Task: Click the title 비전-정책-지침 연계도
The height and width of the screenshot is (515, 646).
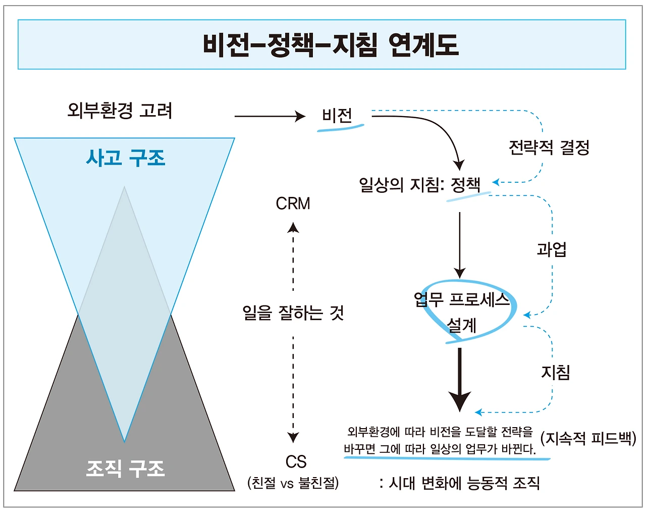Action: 331,44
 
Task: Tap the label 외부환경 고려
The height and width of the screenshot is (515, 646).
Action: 120,110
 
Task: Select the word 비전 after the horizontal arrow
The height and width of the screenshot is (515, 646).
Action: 337,116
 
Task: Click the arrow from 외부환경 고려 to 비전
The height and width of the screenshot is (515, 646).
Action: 270,116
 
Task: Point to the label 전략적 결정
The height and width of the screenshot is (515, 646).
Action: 549,147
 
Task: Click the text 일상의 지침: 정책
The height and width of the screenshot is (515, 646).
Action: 419,184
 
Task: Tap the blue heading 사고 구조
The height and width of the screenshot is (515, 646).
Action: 125,158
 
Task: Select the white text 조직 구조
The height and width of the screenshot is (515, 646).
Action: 125,469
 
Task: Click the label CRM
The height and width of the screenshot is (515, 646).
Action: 293,203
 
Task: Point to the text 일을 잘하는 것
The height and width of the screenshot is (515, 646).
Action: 293,313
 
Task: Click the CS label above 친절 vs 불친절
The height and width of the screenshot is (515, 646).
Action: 296,461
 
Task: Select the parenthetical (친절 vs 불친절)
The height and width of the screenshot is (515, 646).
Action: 293,483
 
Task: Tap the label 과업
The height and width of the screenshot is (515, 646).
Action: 552,249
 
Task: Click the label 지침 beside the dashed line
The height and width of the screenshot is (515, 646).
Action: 555,373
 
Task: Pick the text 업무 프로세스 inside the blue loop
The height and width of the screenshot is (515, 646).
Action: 461,300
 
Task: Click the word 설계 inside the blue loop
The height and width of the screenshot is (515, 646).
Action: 461,325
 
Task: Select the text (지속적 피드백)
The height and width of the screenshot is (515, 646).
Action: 588,438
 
